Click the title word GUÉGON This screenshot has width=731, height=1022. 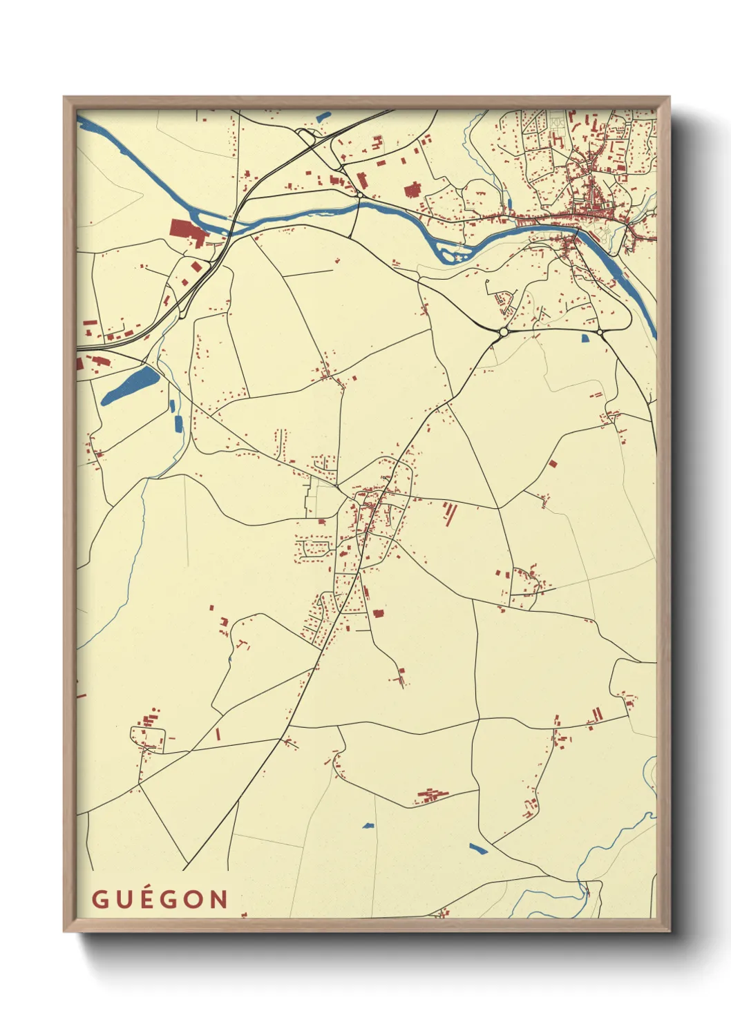[x=160, y=899]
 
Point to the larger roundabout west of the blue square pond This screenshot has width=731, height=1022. [x=502, y=332]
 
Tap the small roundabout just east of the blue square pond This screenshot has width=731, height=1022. [x=600, y=334]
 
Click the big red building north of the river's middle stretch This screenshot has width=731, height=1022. [x=412, y=190]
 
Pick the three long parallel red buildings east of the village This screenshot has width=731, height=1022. [x=450, y=512]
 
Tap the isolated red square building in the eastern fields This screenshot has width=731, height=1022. [x=552, y=463]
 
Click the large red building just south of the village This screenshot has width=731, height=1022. [x=378, y=613]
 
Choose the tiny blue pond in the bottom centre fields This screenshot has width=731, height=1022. [x=368, y=825]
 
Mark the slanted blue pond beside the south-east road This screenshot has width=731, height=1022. [x=478, y=848]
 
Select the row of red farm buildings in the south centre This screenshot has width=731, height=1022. [x=432, y=796]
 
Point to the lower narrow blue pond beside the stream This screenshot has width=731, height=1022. [x=178, y=423]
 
